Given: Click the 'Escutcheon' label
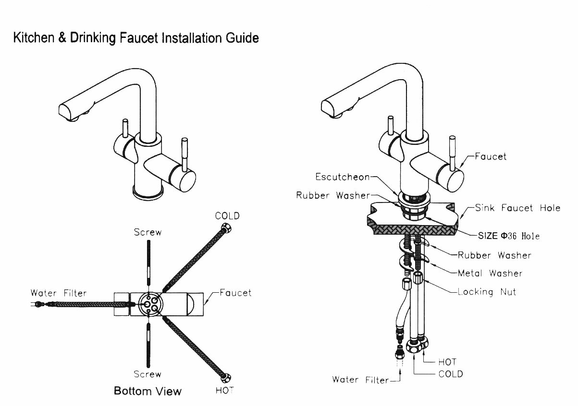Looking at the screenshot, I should [343, 177].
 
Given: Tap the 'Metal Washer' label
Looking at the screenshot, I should [490, 273].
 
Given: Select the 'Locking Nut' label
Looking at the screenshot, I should [487, 291].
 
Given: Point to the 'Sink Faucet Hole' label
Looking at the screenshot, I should [517, 208].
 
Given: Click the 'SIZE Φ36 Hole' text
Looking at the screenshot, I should [508, 236].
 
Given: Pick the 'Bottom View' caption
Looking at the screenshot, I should [148, 391].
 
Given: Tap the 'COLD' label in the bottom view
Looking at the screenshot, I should [227, 216].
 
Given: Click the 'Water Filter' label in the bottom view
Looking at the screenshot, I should [59, 293].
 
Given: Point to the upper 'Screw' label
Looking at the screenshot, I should [148, 232].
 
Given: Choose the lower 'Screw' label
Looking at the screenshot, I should [148, 374].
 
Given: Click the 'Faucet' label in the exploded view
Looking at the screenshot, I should [490, 156].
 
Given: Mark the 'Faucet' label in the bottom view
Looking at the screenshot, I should [235, 292].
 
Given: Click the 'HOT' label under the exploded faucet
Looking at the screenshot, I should [447, 362].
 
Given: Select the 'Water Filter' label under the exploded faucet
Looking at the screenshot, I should [360, 380].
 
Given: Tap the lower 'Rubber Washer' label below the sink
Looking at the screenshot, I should [494, 255].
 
